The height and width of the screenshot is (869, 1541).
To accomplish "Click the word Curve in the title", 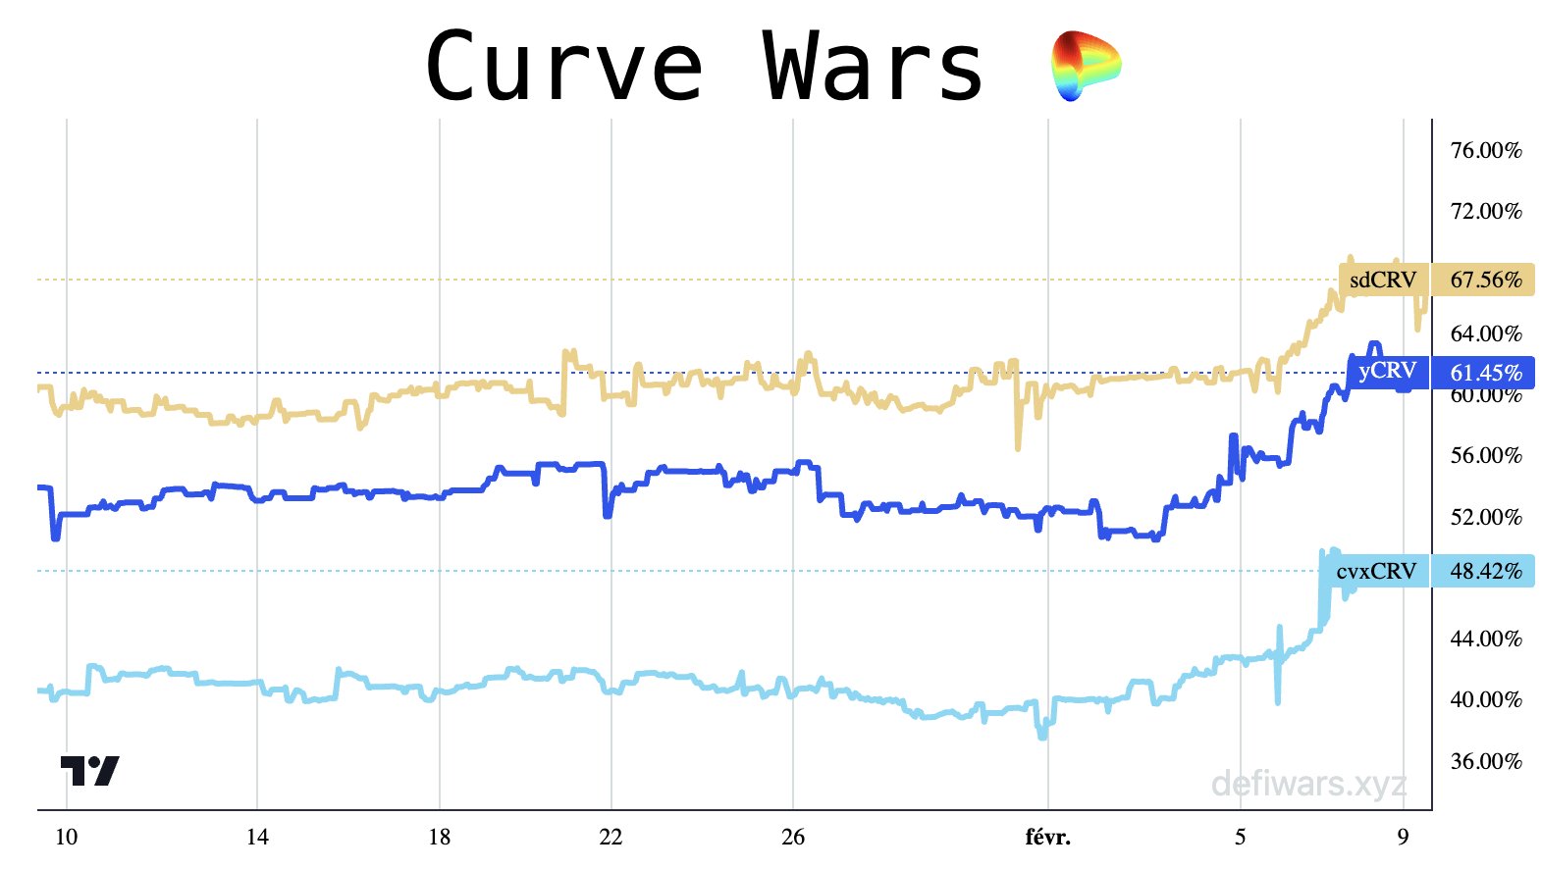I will [x=564, y=67].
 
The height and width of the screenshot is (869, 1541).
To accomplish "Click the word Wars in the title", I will [x=874, y=67].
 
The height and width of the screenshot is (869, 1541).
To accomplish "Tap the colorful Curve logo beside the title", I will [x=1085, y=66].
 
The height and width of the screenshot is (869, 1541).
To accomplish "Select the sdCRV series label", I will [x=1383, y=280].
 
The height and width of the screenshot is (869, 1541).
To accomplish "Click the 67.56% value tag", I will [x=1485, y=280].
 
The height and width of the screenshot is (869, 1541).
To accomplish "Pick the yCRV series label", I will [x=1387, y=371].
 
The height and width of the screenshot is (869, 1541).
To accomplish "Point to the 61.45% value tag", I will [x=1485, y=373].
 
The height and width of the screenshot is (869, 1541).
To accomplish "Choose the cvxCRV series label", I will [x=1376, y=571].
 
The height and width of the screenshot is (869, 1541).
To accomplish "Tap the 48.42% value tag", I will [x=1485, y=571].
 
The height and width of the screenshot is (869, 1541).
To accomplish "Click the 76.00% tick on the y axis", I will [x=1485, y=150].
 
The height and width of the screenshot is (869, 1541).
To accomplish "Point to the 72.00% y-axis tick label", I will [x=1485, y=211].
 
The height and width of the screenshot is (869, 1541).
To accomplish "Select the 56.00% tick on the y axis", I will [x=1485, y=455].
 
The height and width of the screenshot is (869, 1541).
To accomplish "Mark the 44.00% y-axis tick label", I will [x=1485, y=639].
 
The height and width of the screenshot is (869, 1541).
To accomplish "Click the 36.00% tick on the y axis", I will [x=1485, y=761].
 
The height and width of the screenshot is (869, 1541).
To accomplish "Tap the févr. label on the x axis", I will [x=1047, y=837].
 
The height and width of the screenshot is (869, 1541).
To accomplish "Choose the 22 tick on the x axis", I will [x=611, y=837].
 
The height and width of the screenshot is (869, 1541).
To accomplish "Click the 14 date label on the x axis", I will [x=257, y=837].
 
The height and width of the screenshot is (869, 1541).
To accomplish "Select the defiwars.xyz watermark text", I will [x=1308, y=784].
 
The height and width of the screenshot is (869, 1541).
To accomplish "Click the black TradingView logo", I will [x=89, y=770].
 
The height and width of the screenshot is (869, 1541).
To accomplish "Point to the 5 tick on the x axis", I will [x=1241, y=837].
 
